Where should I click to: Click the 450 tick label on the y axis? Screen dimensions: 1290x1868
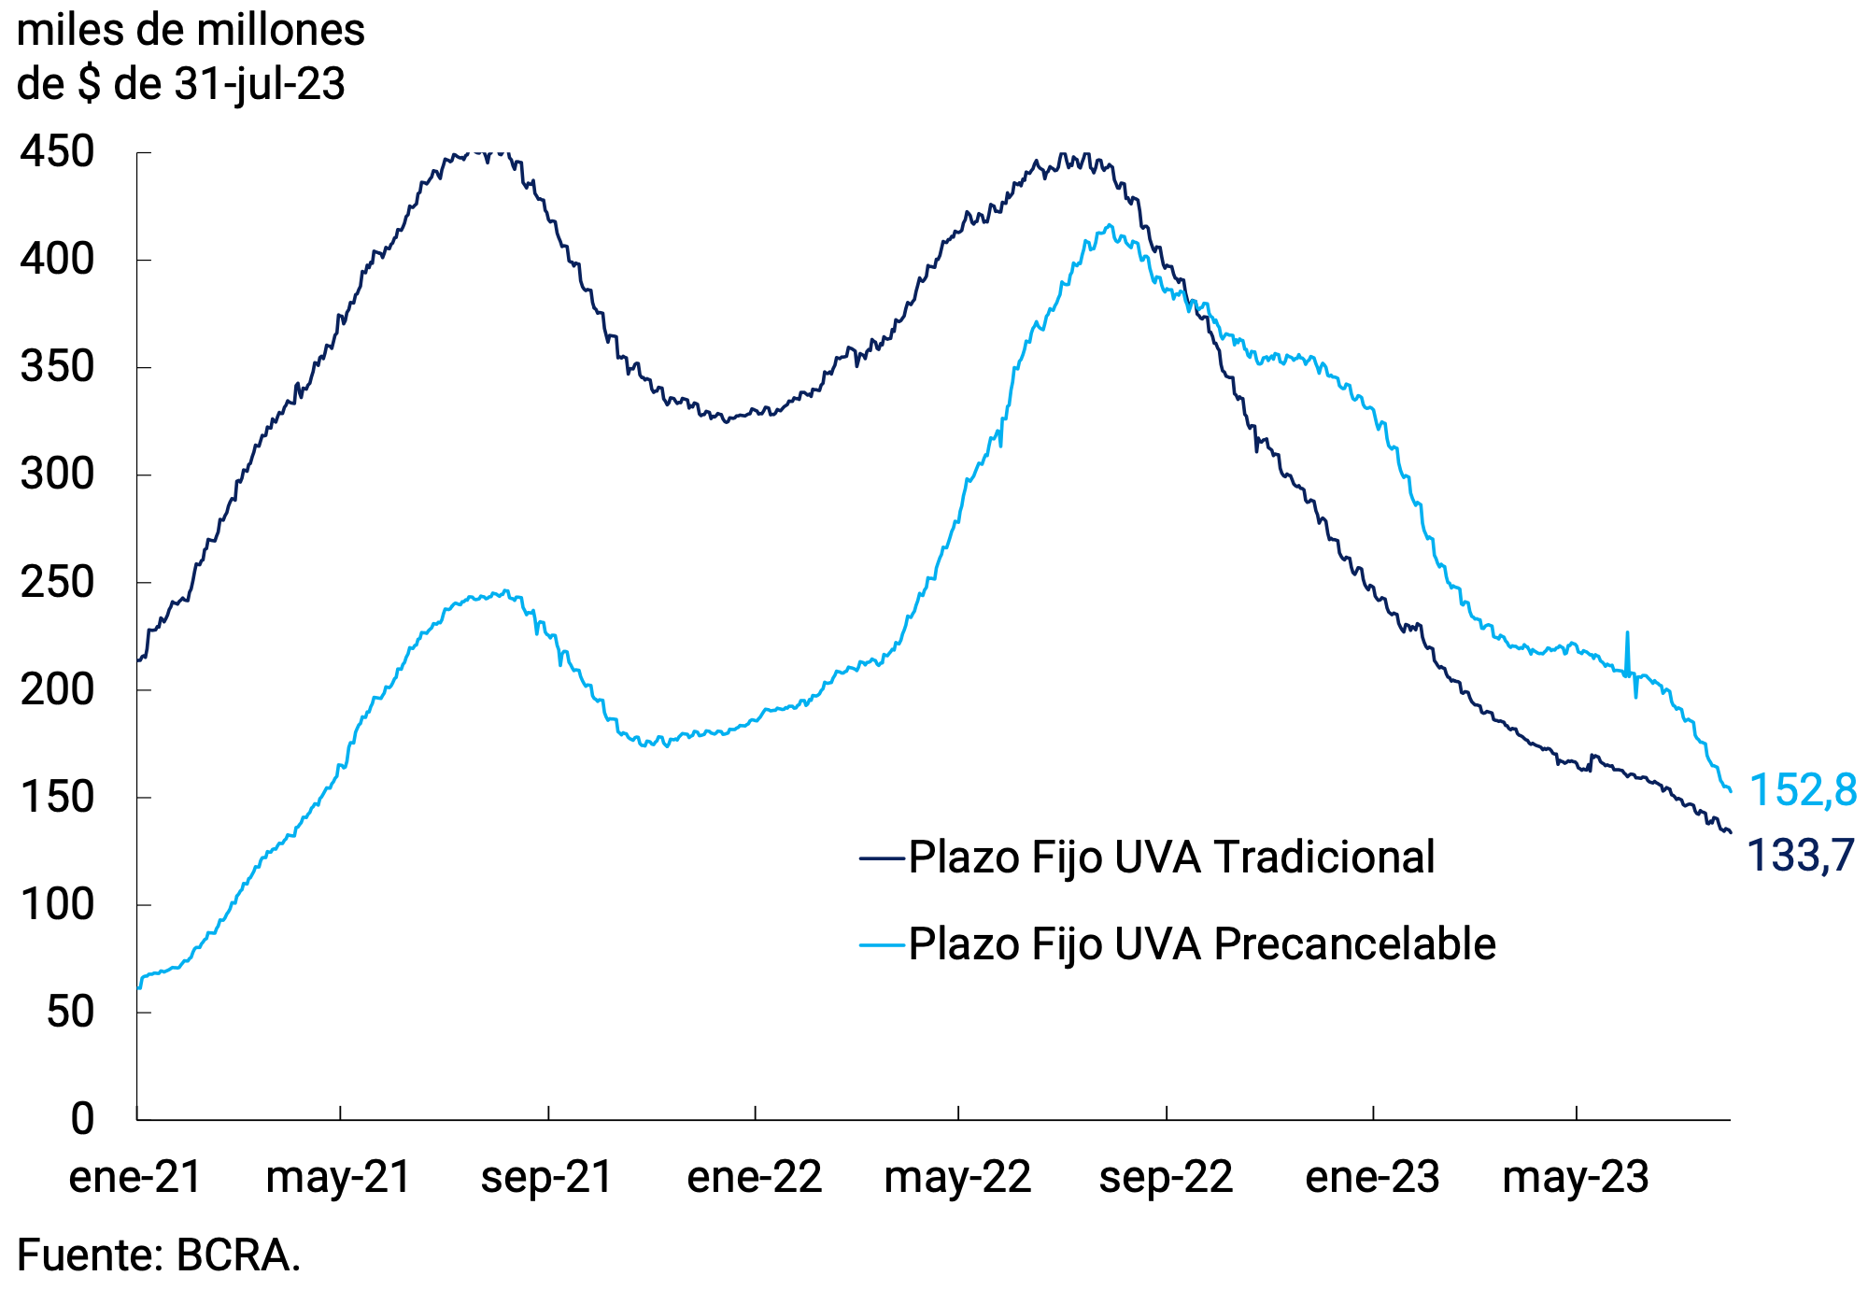point(57,152)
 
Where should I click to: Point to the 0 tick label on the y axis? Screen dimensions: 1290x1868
point(82,1118)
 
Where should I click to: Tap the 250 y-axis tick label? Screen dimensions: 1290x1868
point(57,583)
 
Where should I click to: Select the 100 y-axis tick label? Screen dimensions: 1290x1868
point(57,905)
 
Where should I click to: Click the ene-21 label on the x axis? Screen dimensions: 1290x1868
point(135,1177)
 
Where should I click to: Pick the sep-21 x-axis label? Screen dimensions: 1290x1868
point(546,1177)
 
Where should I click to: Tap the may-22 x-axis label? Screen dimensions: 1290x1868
point(957,1177)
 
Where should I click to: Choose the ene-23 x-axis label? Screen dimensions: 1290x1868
point(1372,1177)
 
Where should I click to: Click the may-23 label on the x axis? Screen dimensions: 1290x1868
point(1576,1177)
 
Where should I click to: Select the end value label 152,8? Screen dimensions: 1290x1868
point(1802,790)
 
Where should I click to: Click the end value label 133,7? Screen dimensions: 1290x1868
point(1799,856)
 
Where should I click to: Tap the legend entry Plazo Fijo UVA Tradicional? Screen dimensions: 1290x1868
point(1171,858)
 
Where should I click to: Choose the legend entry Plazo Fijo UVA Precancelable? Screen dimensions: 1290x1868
point(1202,944)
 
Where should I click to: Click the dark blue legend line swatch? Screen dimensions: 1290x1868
point(882,858)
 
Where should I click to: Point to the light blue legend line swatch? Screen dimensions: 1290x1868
point(882,944)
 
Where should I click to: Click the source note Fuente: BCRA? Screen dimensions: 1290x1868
point(159,1255)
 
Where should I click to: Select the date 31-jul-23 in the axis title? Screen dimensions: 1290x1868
point(260,85)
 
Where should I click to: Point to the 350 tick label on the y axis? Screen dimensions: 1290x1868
point(57,367)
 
